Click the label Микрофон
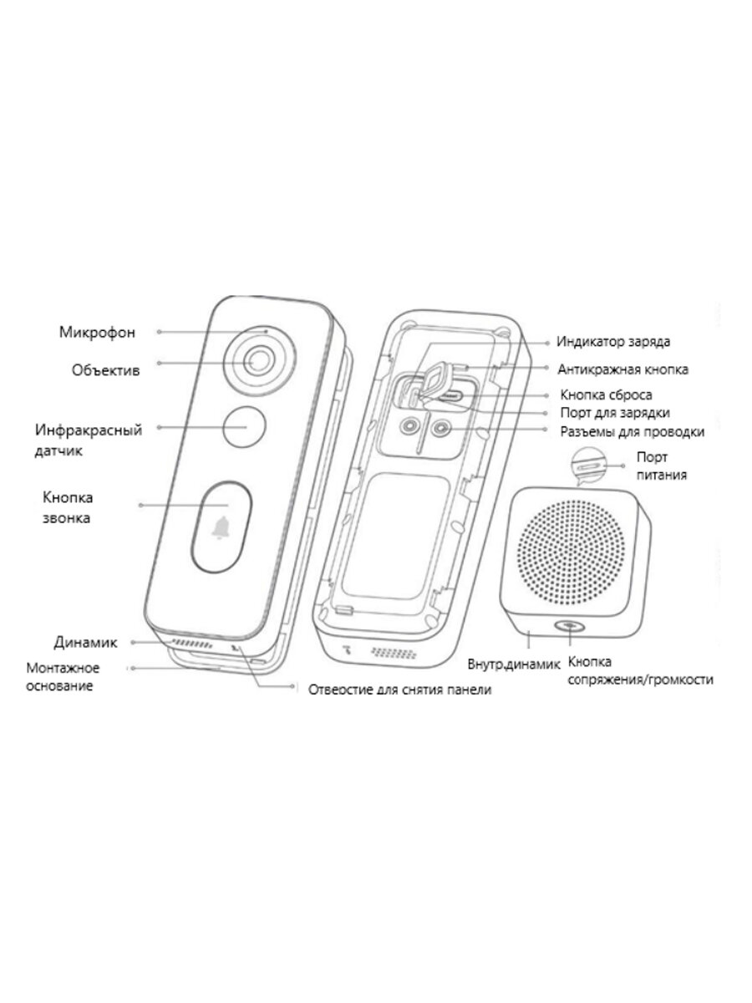[97, 332]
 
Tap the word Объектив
[104, 368]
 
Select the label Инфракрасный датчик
[88, 440]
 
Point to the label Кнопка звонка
[68, 507]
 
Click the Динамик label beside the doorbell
[84, 643]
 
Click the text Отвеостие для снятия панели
[399, 690]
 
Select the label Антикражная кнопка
[623, 369]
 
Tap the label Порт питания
[661, 466]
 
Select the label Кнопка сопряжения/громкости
[640, 670]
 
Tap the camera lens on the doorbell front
[258, 361]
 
